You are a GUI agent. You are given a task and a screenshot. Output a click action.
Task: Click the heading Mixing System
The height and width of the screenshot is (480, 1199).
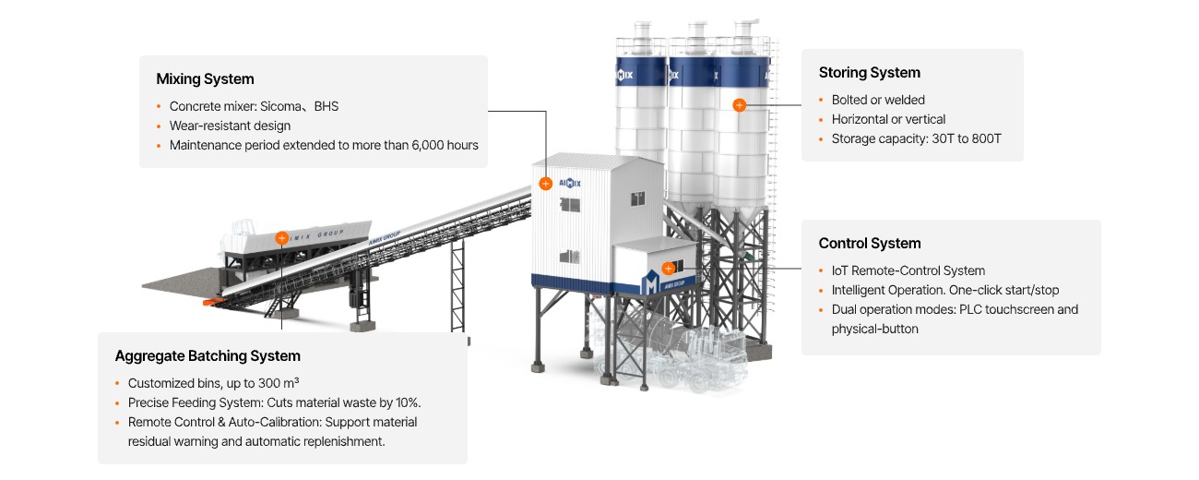205,79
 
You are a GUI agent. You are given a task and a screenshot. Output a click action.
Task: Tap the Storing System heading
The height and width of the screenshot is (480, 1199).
869,73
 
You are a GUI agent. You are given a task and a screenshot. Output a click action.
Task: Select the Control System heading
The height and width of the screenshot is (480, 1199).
869,244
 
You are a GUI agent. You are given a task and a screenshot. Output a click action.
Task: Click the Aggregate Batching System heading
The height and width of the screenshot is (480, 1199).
208,356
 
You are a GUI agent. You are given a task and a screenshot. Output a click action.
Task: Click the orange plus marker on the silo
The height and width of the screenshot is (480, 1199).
739,105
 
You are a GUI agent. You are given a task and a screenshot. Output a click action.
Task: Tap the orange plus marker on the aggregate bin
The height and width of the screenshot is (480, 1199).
281,237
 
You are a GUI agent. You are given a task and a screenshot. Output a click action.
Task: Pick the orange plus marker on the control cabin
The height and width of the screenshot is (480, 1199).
668,269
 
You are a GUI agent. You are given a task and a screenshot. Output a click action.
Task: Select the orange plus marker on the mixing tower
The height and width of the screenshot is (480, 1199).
545,184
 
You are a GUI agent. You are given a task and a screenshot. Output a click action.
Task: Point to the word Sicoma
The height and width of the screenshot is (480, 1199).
280,106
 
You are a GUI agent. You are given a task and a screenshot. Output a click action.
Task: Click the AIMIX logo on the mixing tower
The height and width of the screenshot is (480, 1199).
570,182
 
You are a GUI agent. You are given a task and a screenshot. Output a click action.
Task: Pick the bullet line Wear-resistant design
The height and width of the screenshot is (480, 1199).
230,126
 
